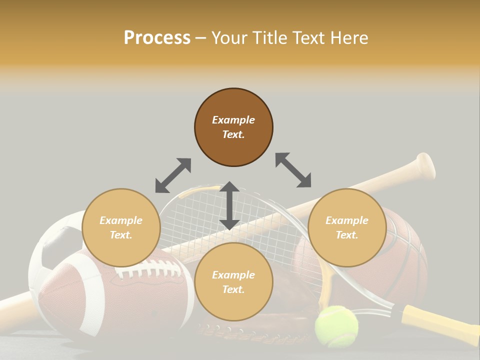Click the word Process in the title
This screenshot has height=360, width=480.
pos(157,38)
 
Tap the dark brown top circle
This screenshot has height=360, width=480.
pos(233,127)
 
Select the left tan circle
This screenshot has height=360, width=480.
pos(121,227)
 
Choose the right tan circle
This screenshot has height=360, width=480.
pos(347,227)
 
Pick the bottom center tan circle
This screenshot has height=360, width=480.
pos(233,282)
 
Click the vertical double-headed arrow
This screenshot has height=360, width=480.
pos(229,205)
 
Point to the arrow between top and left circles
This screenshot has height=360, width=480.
pos(173,175)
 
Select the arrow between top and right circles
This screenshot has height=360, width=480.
pos(293,170)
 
